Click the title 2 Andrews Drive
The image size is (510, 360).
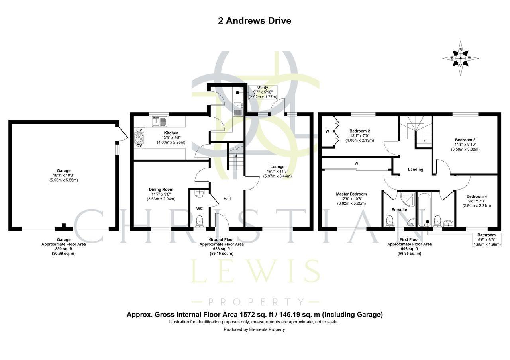click(254, 21)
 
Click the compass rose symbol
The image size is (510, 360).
click(461, 58)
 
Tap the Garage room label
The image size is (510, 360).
click(64, 171)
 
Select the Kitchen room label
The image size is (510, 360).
click(171, 133)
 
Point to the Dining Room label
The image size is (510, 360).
click(161, 190)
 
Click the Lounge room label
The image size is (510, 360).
click(277, 167)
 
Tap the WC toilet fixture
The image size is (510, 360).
click(199, 220)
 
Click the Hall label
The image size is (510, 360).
click(227, 198)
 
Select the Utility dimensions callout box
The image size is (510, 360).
click(263, 92)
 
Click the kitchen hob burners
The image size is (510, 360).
click(139, 138)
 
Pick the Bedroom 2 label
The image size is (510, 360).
click(360, 131)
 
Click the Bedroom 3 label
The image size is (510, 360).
click(465, 140)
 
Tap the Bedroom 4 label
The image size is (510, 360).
click(477, 196)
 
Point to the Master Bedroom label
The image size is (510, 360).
click(351, 194)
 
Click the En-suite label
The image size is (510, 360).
click(399, 209)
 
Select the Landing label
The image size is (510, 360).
click(416, 170)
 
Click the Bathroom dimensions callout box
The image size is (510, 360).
click(486, 239)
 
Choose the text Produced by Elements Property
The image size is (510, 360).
click(254, 329)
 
